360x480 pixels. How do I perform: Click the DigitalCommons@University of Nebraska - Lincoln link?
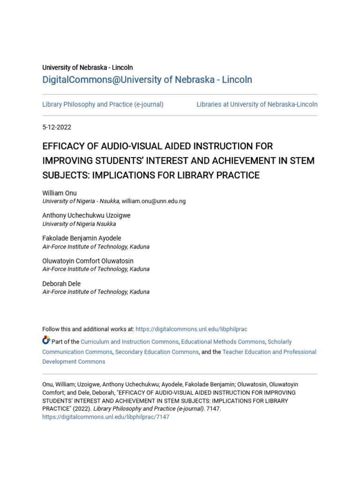coord(147,80)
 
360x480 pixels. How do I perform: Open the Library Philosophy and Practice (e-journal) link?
coord(103,105)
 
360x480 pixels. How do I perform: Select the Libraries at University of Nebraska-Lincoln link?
coord(257,105)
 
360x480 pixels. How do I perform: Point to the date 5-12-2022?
coord(57,127)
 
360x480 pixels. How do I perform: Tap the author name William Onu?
coord(60,193)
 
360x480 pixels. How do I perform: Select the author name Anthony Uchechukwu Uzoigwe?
coord(86,216)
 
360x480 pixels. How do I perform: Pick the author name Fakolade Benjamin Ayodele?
coord(82,238)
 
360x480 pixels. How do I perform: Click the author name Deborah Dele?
coord(61,284)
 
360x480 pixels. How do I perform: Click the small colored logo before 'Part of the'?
coord(46,340)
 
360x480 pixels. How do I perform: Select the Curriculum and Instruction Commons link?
coord(129,342)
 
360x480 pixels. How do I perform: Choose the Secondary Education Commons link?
coord(157,352)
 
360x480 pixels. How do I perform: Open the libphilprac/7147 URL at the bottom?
coord(106,417)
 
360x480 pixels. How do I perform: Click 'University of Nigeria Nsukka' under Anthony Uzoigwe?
coord(79,224)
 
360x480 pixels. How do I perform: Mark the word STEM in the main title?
coord(302,161)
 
